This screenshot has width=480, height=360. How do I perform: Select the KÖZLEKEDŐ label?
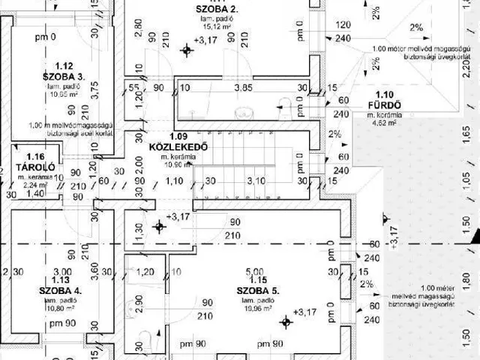[178, 145]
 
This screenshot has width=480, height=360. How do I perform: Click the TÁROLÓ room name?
[31, 166]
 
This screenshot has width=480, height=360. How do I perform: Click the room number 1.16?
[32, 155]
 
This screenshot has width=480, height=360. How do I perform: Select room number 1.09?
[178, 136]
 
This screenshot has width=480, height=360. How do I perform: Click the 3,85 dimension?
[241, 88]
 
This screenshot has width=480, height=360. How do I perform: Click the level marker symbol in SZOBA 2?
[187, 50]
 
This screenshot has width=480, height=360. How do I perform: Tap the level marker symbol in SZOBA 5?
[284, 322]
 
